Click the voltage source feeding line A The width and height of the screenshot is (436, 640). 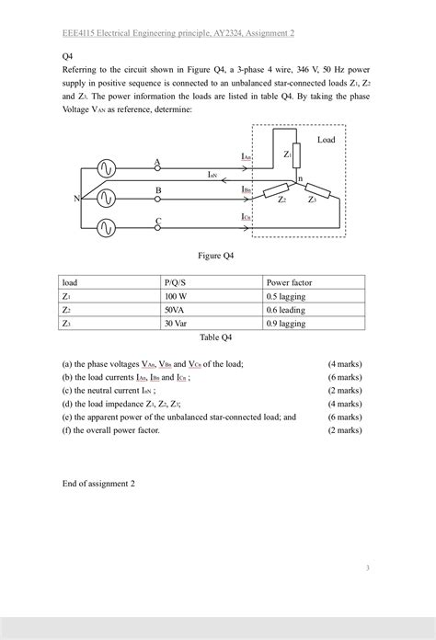[105, 168]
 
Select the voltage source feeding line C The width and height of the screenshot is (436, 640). [105, 226]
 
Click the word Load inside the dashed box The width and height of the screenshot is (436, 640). [326, 140]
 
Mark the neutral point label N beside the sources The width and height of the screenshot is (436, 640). [76, 199]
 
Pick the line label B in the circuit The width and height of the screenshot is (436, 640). [158, 190]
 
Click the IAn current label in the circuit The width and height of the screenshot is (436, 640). [246, 157]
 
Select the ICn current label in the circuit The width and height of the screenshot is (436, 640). [246, 217]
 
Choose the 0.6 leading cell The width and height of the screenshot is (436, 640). [288, 311]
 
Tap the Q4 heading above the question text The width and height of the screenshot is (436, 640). [67, 55]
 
